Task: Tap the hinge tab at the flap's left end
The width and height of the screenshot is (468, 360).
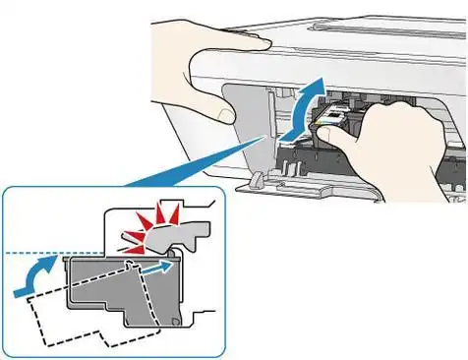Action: (255, 181)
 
